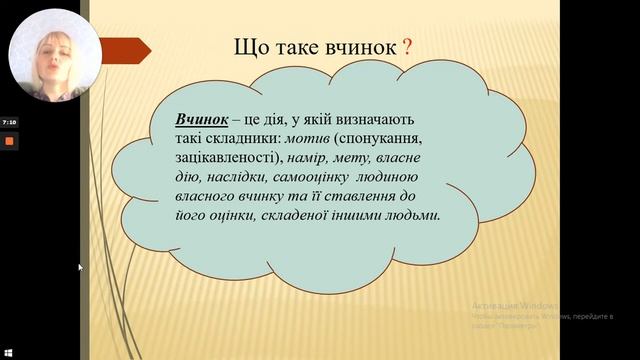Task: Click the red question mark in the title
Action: (x=407, y=47)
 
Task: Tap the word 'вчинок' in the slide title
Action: (x=357, y=47)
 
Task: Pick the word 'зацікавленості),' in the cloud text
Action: (x=229, y=159)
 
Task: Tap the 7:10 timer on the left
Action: (x=9, y=121)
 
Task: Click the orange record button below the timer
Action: (x=10, y=141)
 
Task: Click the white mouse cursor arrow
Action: (x=81, y=267)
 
